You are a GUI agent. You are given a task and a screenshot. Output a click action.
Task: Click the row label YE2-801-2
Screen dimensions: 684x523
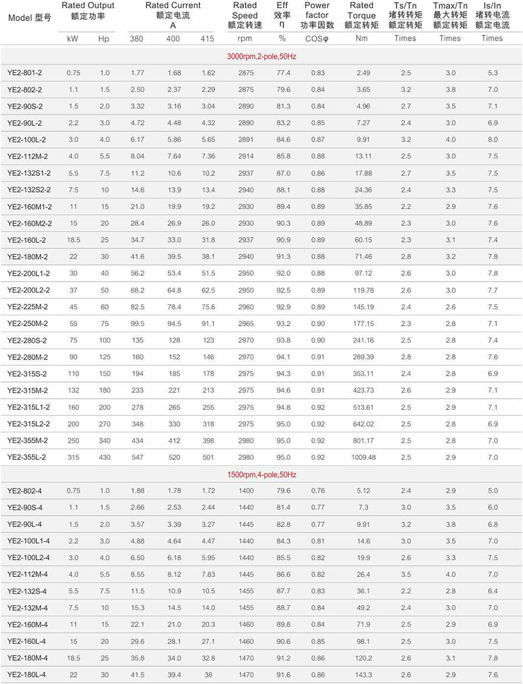point(24,73)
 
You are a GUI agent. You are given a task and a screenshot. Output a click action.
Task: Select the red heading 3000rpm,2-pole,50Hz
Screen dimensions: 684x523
point(261,56)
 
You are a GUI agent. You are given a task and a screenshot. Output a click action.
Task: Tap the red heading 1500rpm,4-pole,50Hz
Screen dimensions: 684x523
point(261,474)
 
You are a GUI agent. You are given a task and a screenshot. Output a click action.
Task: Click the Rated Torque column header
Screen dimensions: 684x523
point(361,16)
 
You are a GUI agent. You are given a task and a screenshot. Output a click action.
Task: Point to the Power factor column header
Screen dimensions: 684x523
point(317,16)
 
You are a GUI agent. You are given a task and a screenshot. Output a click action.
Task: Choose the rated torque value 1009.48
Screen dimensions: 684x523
point(363,458)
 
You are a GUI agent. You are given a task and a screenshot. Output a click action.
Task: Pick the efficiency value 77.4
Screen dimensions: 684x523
point(283,73)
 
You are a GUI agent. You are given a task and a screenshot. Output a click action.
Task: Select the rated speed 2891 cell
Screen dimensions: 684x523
point(246,140)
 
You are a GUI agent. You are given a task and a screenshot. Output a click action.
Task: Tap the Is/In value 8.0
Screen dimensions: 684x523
point(492,140)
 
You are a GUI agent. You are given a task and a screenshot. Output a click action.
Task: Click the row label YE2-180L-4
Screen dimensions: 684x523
point(28,675)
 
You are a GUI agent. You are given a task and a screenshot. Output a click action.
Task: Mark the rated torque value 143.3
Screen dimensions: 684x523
point(363,675)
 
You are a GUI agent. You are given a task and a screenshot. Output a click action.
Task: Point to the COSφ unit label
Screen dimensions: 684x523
point(317,39)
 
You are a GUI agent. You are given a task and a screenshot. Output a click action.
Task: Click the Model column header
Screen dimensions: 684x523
point(30,17)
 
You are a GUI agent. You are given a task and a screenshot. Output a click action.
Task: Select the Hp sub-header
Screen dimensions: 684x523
point(103,39)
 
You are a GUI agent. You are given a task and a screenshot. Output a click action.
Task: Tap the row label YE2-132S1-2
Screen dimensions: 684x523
point(29,174)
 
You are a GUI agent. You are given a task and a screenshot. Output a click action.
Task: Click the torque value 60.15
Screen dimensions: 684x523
point(363,240)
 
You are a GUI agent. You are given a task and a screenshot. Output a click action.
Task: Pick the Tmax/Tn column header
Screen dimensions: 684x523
point(450,16)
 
